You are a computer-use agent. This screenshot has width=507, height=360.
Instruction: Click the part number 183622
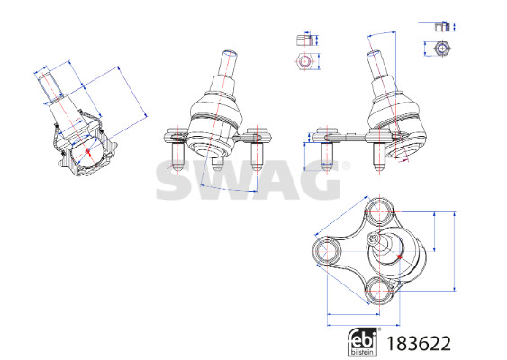[x=419, y=344]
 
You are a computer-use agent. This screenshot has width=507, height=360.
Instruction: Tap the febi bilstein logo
[x=362, y=342]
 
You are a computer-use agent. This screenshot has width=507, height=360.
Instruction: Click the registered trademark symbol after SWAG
[x=346, y=166]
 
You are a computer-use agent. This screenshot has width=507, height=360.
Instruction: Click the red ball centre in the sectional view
[x=87, y=151]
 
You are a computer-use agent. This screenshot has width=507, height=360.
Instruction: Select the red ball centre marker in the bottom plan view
[x=400, y=256]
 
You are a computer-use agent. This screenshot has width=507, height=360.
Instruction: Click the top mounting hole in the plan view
[x=378, y=211]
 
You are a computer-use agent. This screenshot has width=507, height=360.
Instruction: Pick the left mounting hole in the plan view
[x=327, y=251]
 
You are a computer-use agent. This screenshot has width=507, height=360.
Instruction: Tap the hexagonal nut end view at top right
[x=441, y=49]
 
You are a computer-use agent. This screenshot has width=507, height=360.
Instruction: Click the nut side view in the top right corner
[x=442, y=27]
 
